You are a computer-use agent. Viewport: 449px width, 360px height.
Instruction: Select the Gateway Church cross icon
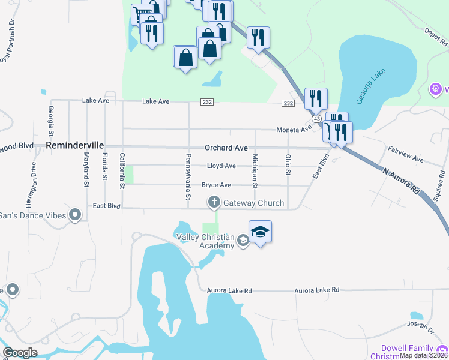214,203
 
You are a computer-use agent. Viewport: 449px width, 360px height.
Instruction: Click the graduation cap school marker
260,231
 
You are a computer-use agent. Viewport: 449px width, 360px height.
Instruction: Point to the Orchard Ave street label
226,148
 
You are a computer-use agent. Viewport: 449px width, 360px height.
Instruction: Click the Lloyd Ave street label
221,166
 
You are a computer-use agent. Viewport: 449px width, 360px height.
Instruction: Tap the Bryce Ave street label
216,185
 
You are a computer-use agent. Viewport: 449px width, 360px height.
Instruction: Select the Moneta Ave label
294,130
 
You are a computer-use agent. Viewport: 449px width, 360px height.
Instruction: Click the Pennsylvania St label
188,177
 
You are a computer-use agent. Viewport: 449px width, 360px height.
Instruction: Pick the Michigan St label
255,171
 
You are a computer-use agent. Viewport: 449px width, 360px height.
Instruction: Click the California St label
122,171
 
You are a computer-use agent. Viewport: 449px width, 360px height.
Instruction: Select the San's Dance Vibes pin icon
75,215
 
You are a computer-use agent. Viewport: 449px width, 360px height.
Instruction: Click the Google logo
19,352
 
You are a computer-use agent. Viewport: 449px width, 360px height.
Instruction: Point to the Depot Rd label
436,38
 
